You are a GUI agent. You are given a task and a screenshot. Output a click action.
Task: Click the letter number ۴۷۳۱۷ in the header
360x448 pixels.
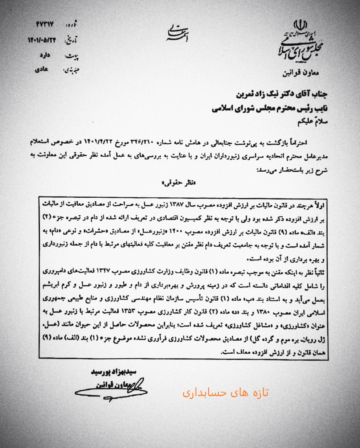point(45,25)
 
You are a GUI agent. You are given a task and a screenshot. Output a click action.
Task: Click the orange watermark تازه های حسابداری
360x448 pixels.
point(225,393)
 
